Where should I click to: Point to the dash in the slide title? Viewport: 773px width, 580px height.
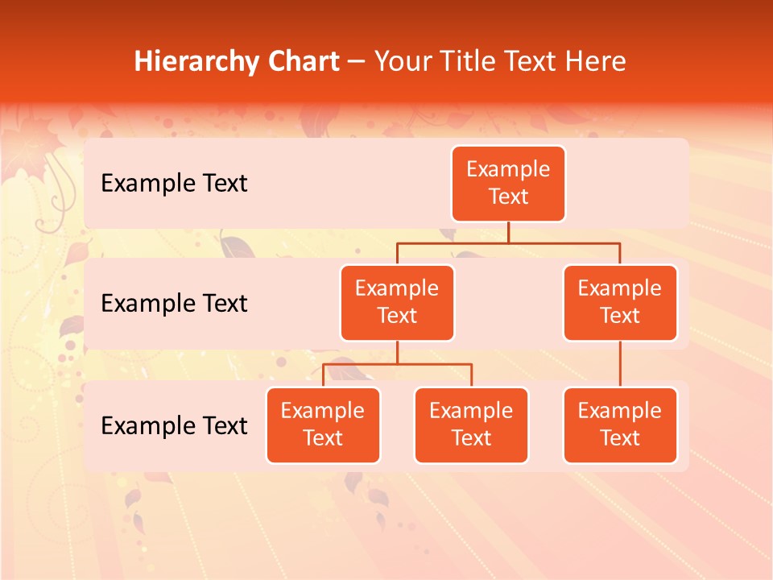tap(357, 62)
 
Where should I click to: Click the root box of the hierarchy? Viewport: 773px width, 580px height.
tap(508, 183)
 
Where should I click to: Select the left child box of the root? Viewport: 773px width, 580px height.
tap(397, 302)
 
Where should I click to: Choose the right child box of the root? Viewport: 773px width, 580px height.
tap(620, 302)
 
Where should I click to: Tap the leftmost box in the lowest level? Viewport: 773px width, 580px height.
tap(323, 425)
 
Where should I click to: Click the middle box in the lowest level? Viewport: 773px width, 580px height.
tap(471, 425)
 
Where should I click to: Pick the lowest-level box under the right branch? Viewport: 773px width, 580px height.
tap(620, 425)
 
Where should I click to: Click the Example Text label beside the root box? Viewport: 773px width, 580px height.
tap(174, 183)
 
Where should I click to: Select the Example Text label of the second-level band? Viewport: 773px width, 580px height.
tap(174, 303)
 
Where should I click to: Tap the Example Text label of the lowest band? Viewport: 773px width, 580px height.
tap(174, 425)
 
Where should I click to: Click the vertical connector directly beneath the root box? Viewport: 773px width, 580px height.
tap(508, 232)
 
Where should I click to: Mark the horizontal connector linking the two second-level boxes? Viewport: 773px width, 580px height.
tap(508, 242)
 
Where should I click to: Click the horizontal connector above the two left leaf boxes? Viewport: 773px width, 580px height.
tap(397, 364)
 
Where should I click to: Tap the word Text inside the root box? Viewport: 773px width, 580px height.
tap(508, 197)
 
